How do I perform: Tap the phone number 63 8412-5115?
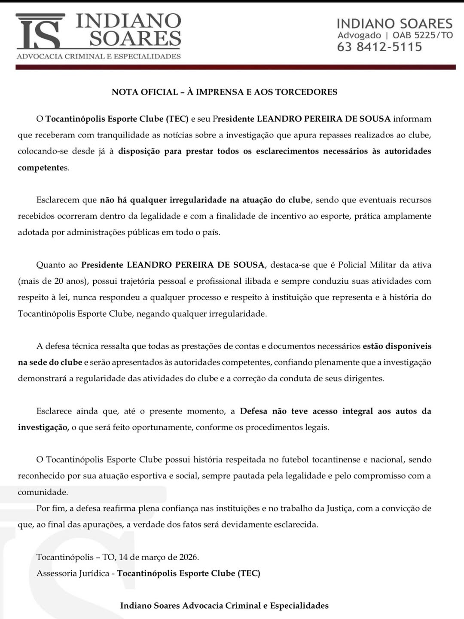click(379, 47)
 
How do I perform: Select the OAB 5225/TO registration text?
click(423, 35)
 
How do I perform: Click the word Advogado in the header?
click(359, 35)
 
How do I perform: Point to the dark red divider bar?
click(235, 67)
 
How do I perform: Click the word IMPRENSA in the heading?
click(220, 92)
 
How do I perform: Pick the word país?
click(211, 233)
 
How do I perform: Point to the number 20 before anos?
click(59, 281)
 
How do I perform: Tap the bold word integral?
click(357, 411)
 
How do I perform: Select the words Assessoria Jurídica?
click(73, 573)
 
